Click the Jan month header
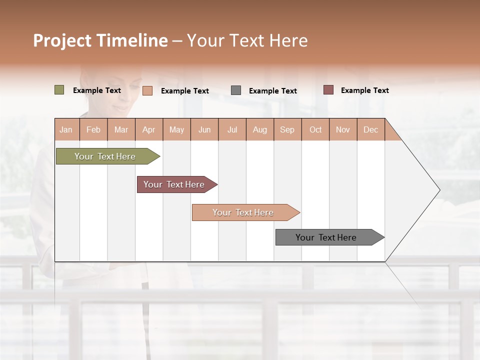pyautogui.click(x=66, y=129)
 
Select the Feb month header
pyautogui.click(x=93, y=129)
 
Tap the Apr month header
pyautogui.click(x=149, y=129)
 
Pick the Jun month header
pyautogui.click(x=204, y=129)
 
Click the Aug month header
pyautogui.click(x=260, y=129)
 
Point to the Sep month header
pyautogui.click(x=287, y=129)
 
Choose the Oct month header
pyautogui.click(x=315, y=129)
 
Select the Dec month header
pyautogui.click(x=371, y=129)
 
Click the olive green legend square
pyautogui.click(x=59, y=90)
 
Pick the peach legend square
pyautogui.click(x=147, y=90)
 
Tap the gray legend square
pyautogui.click(x=236, y=90)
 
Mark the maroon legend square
pyautogui.click(x=328, y=90)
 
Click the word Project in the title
pyautogui.click(x=62, y=40)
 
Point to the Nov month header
pyautogui.click(x=343, y=129)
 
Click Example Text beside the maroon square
pyautogui.click(x=364, y=90)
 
